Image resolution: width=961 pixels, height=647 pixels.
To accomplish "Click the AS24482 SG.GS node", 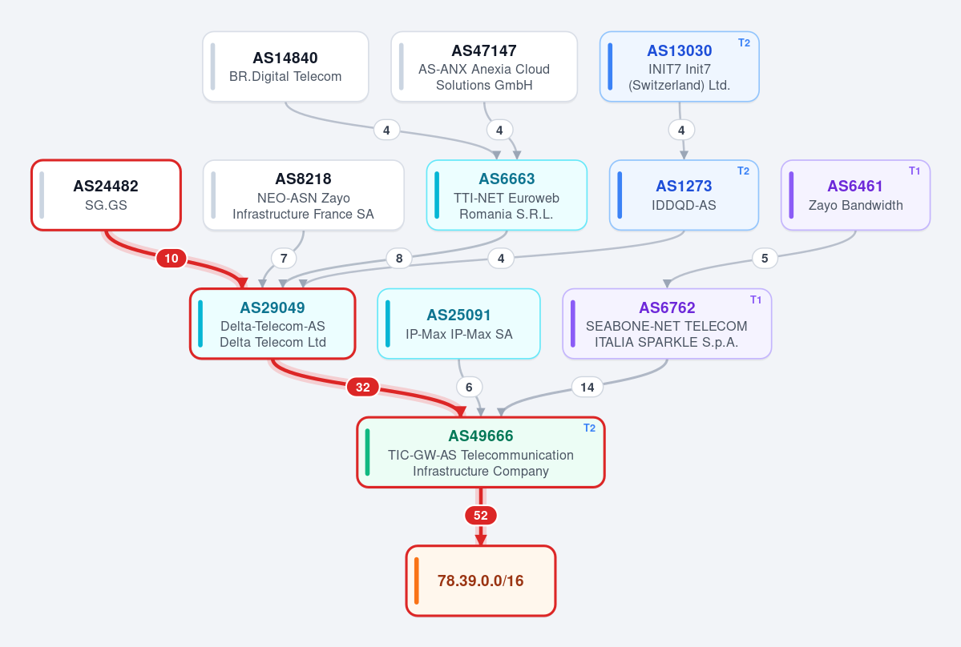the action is tap(106, 195).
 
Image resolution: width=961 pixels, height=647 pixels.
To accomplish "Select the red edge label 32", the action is tap(363, 387).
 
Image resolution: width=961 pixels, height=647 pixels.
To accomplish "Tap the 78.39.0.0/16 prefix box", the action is tap(481, 581).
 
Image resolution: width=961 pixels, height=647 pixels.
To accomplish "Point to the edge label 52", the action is tap(481, 516).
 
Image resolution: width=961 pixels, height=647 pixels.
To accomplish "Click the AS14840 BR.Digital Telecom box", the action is tap(285, 66).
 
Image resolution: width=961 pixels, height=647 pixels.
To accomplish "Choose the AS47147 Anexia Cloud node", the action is tap(484, 66).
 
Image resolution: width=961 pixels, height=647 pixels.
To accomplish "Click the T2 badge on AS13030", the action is tap(744, 43).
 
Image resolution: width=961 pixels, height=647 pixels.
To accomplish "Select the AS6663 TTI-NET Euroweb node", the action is tap(507, 195).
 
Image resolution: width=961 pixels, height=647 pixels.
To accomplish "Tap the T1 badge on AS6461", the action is tap(915, 171).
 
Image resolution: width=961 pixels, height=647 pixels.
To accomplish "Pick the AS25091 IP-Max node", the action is tap(458, 323).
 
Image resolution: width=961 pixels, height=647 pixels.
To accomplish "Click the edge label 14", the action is tap(588, 387).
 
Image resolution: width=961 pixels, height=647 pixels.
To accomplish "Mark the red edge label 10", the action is tap(172, 259).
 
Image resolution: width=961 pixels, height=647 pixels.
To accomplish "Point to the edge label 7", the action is tap(284, 259).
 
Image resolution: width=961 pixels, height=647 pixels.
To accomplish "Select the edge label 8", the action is tap(399, 259).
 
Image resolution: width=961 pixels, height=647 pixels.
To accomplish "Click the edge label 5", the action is tap(765, 259).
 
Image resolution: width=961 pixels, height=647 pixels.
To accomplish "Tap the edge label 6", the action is tap(469, 387).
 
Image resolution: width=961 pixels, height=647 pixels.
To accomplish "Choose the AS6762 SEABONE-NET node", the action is tap(667, 323).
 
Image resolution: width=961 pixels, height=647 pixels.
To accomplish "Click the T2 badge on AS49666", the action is tap(590, 428).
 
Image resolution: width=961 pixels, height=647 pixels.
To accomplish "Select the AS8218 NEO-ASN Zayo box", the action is tap(304, 195).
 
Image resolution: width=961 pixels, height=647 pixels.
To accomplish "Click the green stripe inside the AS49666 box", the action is tap(368, 452).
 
